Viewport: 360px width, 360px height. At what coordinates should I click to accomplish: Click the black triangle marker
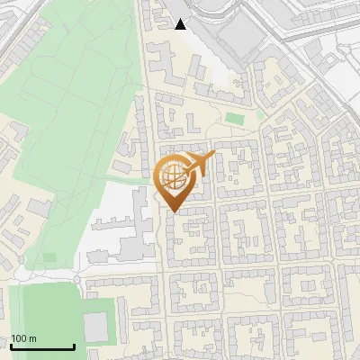click(181, 24)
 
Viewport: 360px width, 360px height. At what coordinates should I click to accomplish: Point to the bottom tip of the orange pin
click(172, 211)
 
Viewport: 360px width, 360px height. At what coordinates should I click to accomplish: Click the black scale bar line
click(42, 346)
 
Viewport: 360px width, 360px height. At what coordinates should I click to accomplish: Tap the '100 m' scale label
click(24, 338)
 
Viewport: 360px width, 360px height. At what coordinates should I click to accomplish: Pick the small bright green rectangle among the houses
click(235, 118)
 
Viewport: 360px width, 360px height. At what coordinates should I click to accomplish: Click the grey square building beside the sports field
click(95, 328)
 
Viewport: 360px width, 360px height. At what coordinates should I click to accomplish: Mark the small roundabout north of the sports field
click(77, 279)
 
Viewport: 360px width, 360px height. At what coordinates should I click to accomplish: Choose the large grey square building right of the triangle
click(238, 37)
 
